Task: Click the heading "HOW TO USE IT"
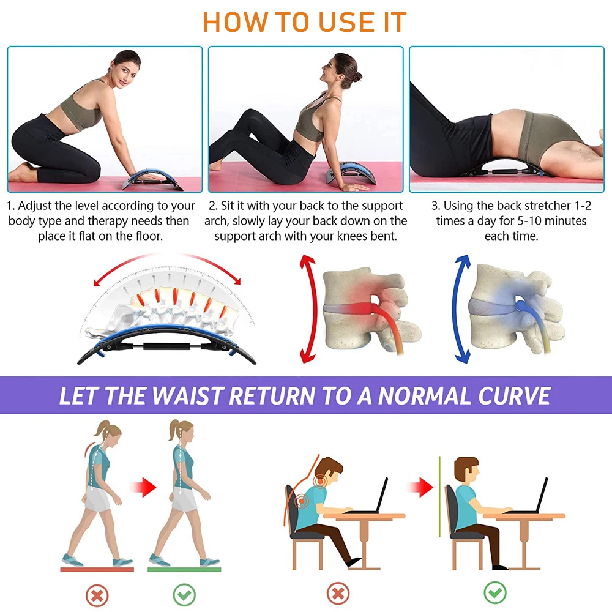point(304,22)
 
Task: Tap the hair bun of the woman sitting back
point(357,78)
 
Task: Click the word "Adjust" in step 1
point(44,206)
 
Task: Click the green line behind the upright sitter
point(440,511)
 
